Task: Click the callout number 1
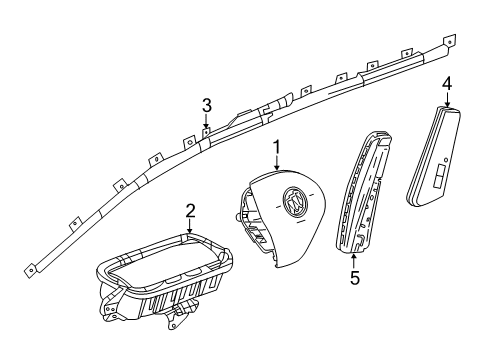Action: tap(277, 148)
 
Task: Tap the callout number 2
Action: tap(190, 211)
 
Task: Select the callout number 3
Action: tap(207, 106)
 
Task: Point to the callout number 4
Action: tap(447, 84)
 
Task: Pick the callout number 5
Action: tap(355, 278)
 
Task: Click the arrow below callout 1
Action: tap(277, 164)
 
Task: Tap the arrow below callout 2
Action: tap(190, 226)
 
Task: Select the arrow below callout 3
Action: tap(206, 121)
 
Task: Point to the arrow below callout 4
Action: tap(447, 99)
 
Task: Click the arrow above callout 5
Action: tap(354, 261)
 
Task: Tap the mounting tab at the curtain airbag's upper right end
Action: tap(450, 41)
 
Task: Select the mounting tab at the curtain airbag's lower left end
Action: tap(31, 270)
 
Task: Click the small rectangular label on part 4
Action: tap(439, 175)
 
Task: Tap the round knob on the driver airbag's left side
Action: tap(237, 217)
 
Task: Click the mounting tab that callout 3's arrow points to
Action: tap(207, 133)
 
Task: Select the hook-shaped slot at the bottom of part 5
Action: tap(359, 239)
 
